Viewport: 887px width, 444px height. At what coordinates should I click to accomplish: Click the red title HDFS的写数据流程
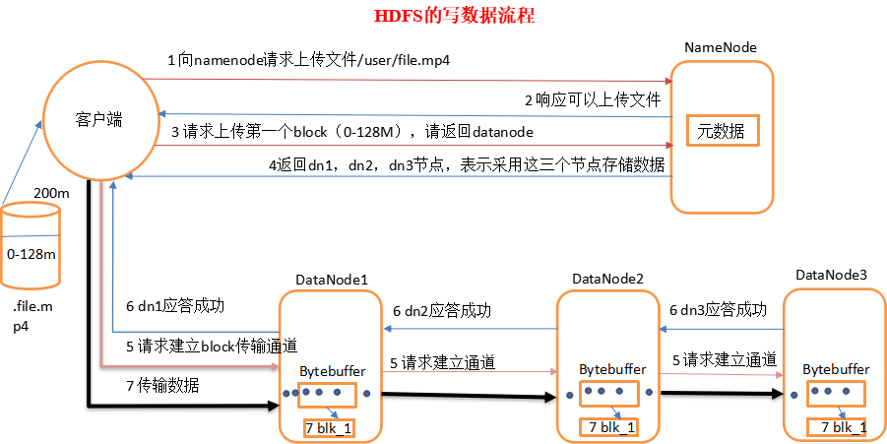coord(455,16)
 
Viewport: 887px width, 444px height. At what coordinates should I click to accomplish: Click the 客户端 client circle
coord(98,119)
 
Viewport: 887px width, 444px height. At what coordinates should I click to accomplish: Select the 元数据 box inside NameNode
coord(724,130)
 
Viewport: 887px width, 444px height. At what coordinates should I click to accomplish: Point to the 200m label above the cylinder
coord(51,193)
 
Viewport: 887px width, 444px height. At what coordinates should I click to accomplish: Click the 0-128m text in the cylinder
coord(31,254)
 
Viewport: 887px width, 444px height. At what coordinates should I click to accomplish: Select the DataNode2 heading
coord(607,280)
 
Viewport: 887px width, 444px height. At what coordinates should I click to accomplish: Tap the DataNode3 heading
coord(831,273)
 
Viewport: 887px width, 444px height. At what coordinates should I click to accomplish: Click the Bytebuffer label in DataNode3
coord(836,368)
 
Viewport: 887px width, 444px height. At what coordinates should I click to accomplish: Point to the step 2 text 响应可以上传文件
coord(592,99)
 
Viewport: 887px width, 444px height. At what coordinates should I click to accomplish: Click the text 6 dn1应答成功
coord(174,306)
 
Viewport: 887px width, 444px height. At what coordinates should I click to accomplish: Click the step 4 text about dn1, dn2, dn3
coord(467,164)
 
